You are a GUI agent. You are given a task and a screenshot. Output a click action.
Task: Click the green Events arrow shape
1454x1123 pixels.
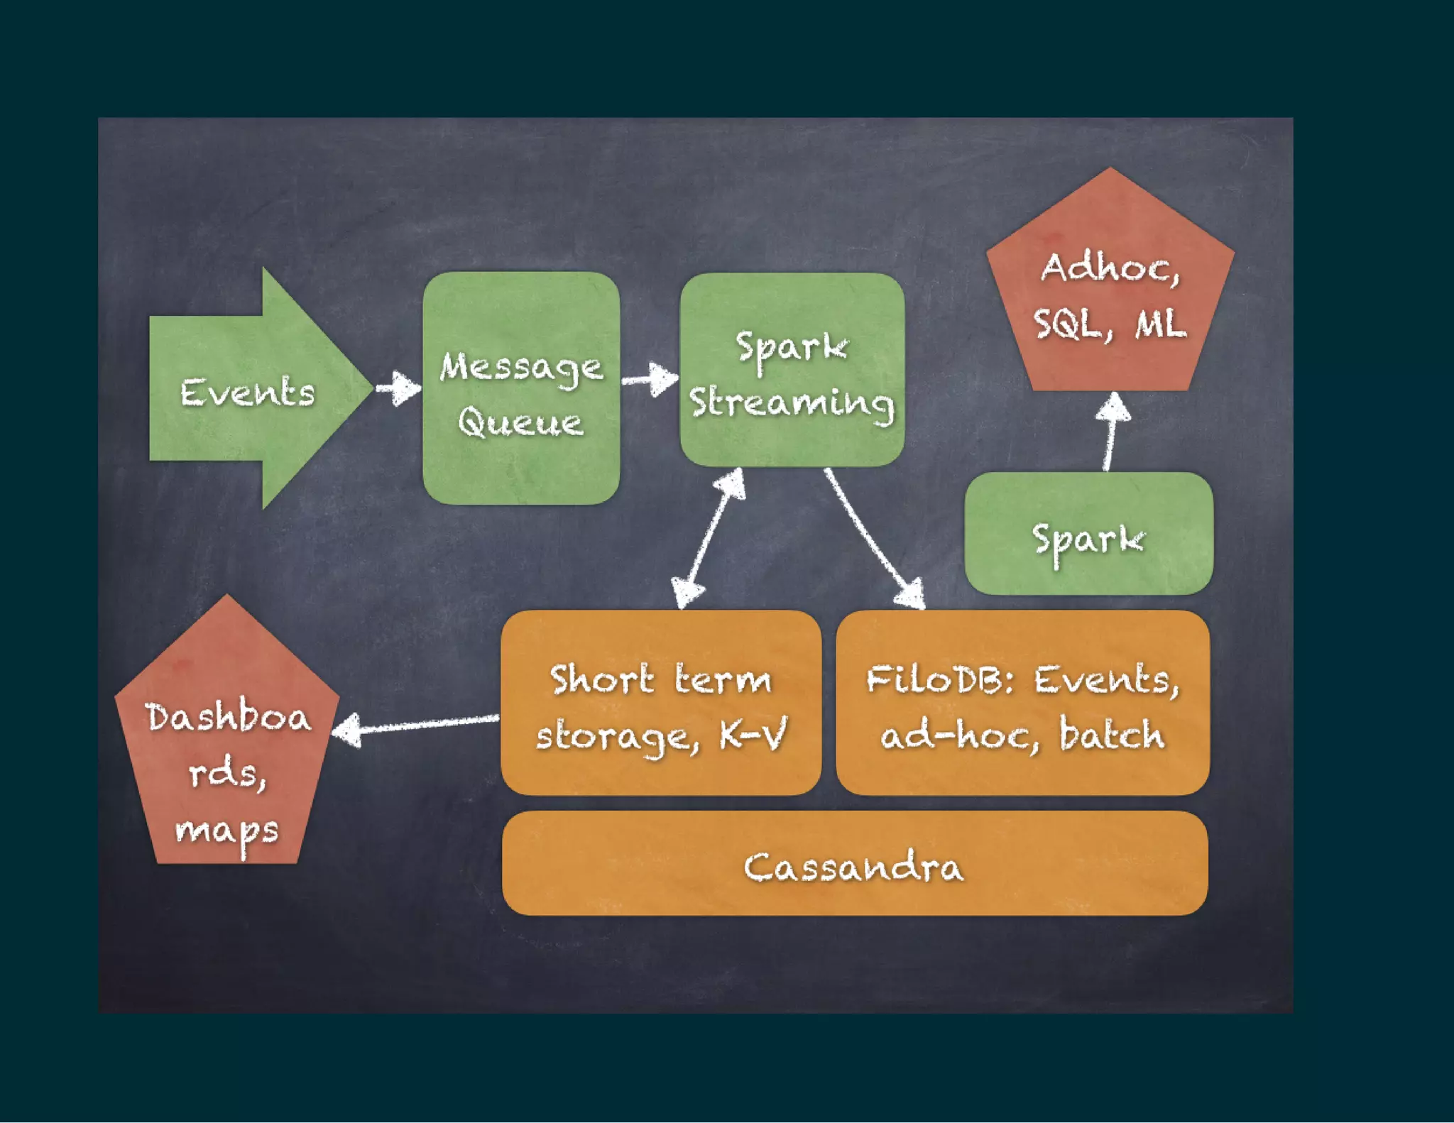248,390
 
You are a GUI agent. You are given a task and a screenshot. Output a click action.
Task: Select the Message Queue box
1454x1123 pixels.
520,388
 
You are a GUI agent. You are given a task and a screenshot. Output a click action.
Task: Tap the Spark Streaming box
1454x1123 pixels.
792,369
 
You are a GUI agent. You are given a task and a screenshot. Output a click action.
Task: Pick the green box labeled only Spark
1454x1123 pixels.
1088,534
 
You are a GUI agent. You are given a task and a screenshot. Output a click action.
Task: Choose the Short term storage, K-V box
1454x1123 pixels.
660,703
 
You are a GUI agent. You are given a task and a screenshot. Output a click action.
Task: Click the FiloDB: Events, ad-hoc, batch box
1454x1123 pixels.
1022,703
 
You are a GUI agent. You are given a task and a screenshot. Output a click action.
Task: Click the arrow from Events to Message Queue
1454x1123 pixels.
398,388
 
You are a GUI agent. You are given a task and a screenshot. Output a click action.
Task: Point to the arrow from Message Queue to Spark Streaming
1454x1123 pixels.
650,380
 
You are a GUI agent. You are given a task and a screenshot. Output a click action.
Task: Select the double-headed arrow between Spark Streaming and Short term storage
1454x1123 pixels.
709,538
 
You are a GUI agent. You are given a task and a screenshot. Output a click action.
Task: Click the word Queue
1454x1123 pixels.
520,423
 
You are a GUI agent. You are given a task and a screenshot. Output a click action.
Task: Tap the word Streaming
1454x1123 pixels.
792,402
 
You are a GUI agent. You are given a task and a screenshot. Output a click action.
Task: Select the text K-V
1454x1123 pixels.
753,734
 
